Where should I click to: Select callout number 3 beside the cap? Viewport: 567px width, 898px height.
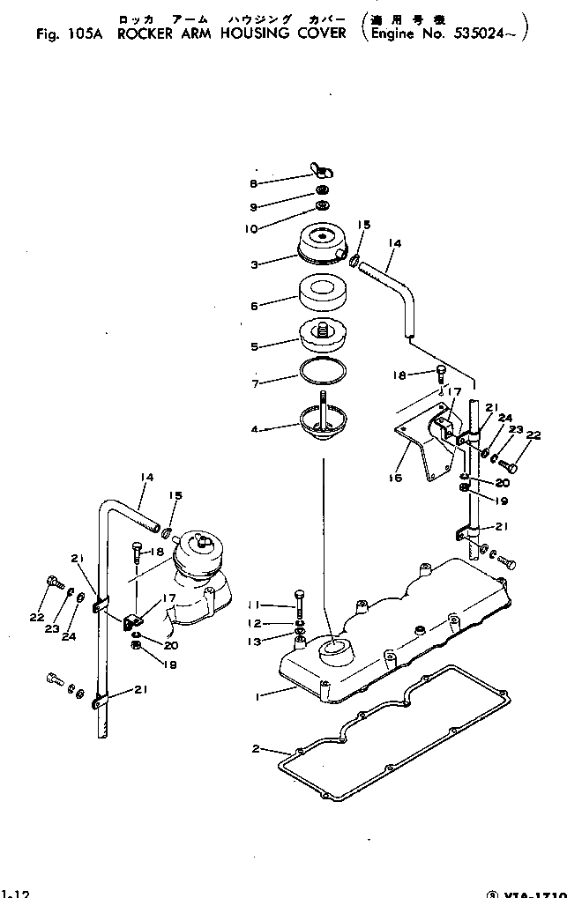[x=254, y=263]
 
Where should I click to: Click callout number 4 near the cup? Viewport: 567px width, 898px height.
[x=254, y=430]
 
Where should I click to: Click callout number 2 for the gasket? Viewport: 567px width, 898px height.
[x=255, y=750]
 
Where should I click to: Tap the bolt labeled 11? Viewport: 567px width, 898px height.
[x=300, y=604]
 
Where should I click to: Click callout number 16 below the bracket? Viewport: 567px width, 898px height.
[x=393, y=479]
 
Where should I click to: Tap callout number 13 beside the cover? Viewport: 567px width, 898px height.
[x=257, y=642]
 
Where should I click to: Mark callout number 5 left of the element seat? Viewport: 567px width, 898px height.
[x=254, y=347]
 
